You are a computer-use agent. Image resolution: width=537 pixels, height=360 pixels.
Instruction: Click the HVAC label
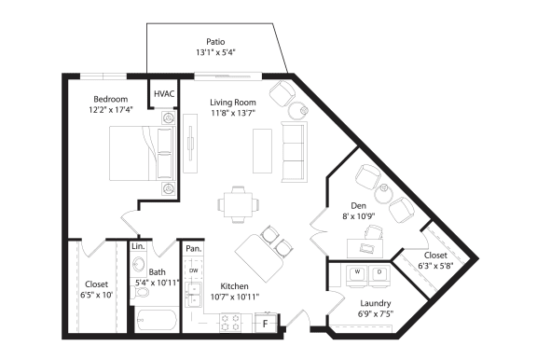point(164,94)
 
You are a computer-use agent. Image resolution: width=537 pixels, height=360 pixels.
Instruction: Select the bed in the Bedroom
point(141,151)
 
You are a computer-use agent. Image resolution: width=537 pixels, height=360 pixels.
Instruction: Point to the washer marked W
point(357,274)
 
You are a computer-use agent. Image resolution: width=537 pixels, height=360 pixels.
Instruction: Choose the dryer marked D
point(379,274)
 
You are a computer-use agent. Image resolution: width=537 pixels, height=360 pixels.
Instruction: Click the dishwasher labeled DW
point(194,271)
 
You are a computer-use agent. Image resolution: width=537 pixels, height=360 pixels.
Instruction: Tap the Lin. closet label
point(137,246)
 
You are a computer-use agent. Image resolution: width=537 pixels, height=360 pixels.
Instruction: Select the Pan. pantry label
point(193,249)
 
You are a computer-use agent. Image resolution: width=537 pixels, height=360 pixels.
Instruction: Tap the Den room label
point(358,206)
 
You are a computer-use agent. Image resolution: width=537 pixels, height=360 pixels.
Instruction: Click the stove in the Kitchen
point(229,323)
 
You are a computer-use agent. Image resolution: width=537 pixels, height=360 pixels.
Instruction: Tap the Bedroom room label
point(111,98)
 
